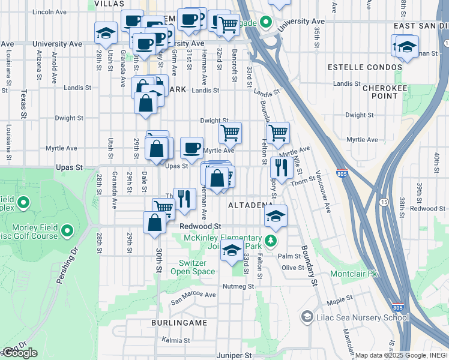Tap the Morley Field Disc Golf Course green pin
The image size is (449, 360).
tap(67, 230)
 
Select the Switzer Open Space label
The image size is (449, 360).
tap(197, 268)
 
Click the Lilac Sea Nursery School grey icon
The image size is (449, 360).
tap(307, 316)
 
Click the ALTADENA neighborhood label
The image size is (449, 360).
tap(250, 205)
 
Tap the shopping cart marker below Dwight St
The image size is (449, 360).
tap(230, 133)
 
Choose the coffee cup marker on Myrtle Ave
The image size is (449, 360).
tap(191, 148)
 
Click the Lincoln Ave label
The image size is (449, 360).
tap(50, 12)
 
